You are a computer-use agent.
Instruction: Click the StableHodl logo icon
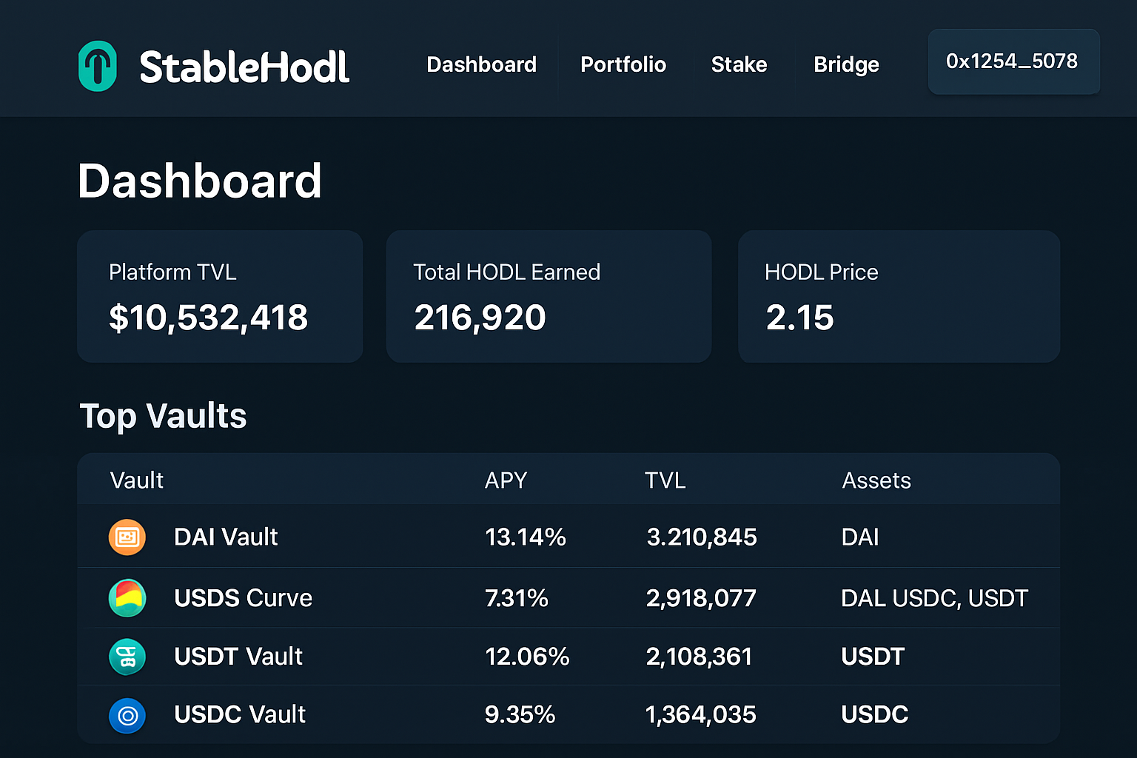[x=97, y=66]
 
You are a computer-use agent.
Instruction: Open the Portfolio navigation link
[x=623, y=64]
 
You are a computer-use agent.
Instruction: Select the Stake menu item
[x=739, y=64]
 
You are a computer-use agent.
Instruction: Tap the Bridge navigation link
[x=846, y=64]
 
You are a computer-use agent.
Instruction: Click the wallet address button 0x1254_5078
[x=1013, y=61]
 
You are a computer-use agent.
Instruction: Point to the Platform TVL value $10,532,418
[x=208, y=318]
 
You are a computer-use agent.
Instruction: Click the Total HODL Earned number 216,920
[x=480, y=318]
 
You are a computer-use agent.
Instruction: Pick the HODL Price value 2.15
[x=799, y=318]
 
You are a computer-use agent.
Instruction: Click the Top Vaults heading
[x=163, y=416]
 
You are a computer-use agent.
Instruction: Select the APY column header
[x=506, y=480]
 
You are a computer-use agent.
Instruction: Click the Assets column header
[x=876, y=480]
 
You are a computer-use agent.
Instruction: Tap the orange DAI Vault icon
[x=127, y=537]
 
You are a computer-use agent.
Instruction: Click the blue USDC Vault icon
[x=127, y=715]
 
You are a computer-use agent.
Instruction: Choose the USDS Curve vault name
[x=243, y=598]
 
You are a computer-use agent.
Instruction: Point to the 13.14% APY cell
[x=525, y=537]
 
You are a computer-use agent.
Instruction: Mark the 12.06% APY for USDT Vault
[x=527, y=657]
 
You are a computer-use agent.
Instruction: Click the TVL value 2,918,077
[x=701, y=598]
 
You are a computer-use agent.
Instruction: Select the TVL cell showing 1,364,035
[x=700, y=715]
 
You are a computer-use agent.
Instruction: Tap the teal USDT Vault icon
[x=127, y=657]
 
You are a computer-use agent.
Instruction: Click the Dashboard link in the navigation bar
[x=481, y=64]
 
